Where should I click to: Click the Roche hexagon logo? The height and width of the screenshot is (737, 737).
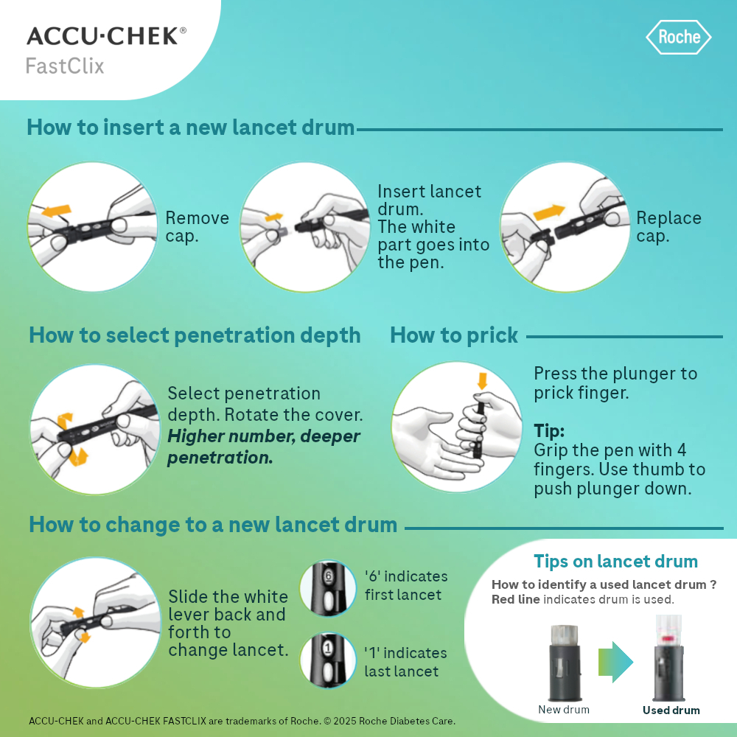point(678,37)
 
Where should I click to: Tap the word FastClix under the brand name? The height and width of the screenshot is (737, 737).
point(65,66)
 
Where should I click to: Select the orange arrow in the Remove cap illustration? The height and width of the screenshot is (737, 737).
point(57,211)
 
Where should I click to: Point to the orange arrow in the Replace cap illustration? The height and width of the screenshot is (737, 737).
point(550,212)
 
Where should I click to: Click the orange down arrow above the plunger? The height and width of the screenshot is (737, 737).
point(482,381)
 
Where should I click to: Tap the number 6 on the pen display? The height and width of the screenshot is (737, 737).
point(328,576)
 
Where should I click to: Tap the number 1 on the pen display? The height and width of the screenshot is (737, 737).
point(328,649)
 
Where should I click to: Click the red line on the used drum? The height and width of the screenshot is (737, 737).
point(669,639)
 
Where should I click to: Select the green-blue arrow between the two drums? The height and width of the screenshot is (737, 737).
point(615,662)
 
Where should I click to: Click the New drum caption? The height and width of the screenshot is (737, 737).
point(564,710)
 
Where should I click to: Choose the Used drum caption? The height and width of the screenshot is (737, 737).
point(671,710)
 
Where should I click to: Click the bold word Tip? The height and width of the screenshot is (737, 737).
point(549,430)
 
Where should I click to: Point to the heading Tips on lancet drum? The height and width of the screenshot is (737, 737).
point(615,561)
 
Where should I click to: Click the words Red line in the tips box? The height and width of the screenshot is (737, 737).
point(516,599)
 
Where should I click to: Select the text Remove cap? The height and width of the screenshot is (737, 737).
point(198,226)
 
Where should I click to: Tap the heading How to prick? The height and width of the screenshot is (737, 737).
point(454,335)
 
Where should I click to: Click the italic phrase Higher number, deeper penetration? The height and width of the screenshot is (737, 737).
point(264,447)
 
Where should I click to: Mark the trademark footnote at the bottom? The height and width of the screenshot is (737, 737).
point(242,721)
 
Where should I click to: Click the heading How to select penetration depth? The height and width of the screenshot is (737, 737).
point(195,335)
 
